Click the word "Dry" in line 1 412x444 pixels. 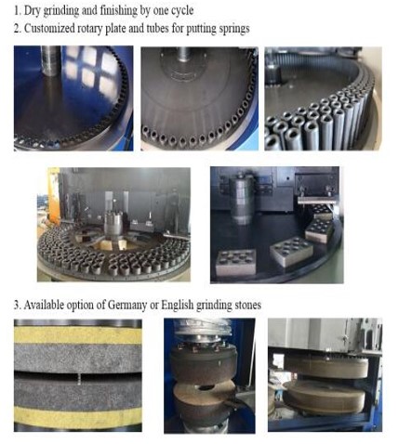[x=32, y=10]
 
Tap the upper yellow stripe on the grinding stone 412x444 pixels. [x=78, y=334]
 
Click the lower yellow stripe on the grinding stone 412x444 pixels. [x=78, y=417]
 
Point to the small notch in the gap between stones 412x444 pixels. [x=79, y=378]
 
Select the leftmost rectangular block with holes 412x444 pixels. [x=236, y=262]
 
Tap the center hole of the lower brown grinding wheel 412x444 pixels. [x=205, y=387]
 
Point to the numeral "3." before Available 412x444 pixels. [x=17, y=306]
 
